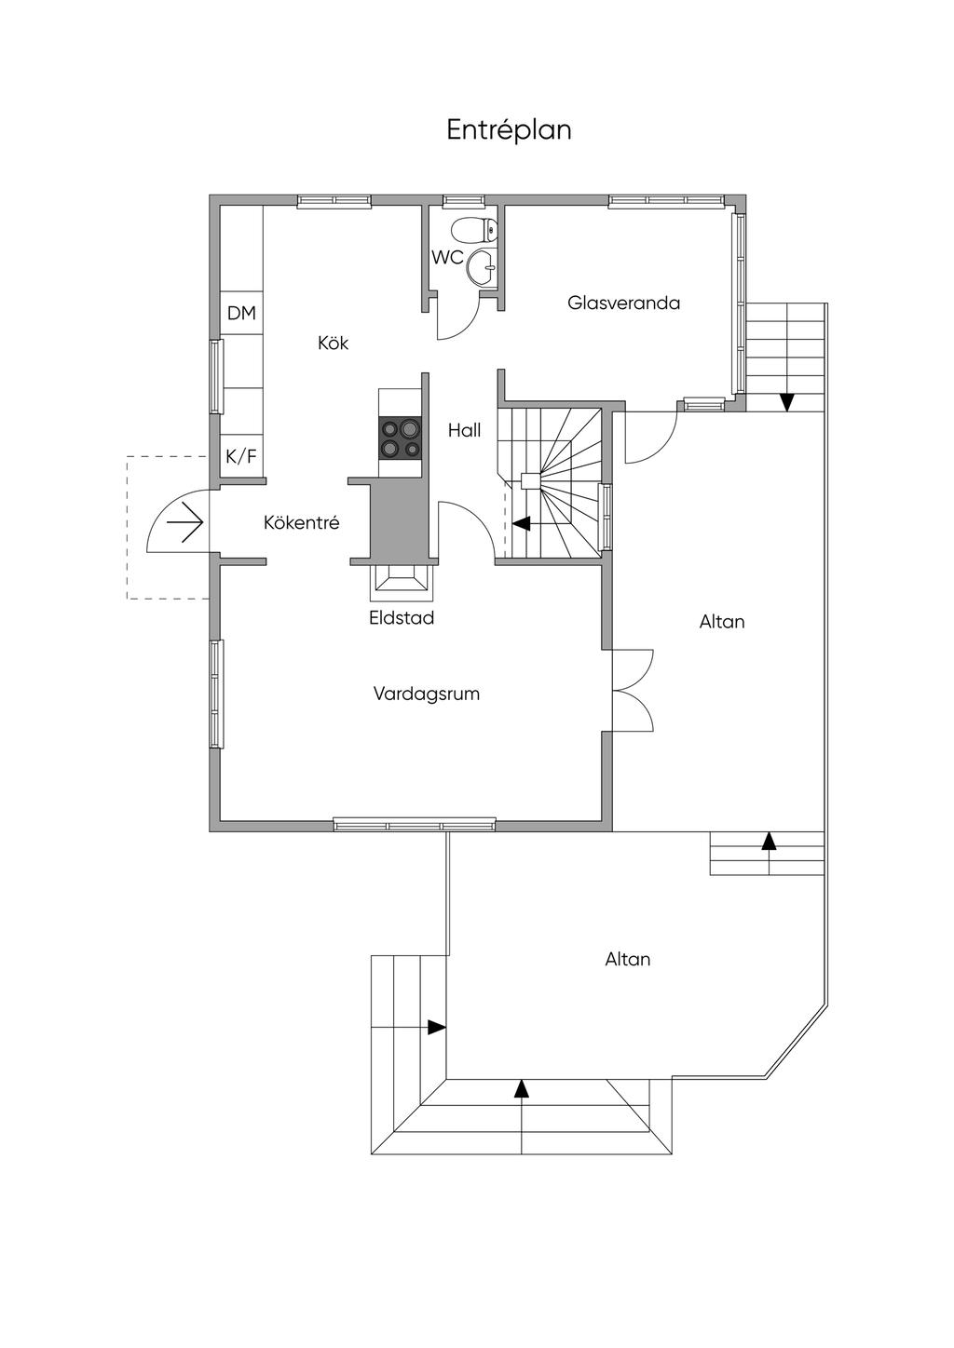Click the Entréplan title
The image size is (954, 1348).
[509, 130]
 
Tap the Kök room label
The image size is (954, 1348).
[333, 343]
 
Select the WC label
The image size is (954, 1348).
[447, 258]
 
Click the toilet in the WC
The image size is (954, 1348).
[474, 229]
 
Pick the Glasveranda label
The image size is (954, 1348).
[623, 303]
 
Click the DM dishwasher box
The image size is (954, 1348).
[241, 313]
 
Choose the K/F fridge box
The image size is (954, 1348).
[241, 456]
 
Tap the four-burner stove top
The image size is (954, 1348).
[400, 438]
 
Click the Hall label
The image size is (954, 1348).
[464, 430]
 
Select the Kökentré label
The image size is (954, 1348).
[301, 522]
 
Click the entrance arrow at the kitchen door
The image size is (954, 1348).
[184, 522]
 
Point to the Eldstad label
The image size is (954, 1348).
[402, 618]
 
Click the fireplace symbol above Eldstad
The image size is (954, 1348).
[402, 583]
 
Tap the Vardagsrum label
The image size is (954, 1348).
[427, 694]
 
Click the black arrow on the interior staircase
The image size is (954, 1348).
[521, 523]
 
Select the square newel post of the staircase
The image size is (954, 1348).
[530, 480]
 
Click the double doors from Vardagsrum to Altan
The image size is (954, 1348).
[633, 690]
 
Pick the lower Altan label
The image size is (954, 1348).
[628, 959]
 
